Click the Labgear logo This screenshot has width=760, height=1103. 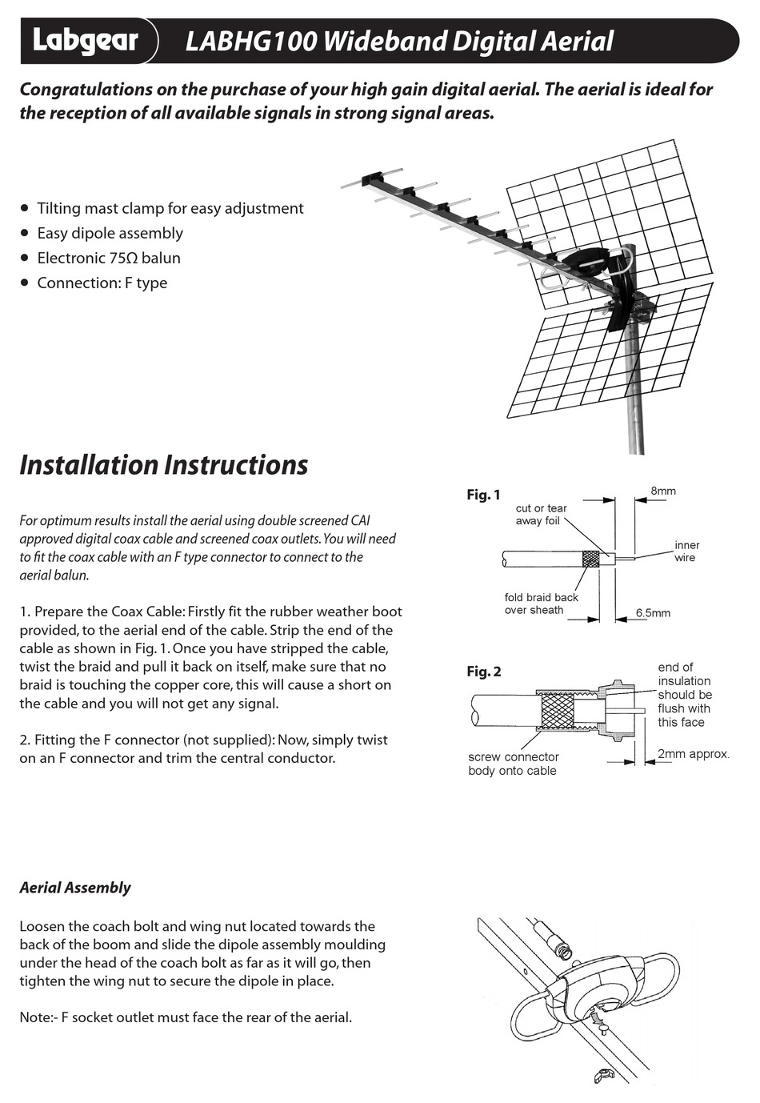(x=86, y=41)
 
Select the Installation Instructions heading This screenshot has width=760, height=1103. (x=163, y=465)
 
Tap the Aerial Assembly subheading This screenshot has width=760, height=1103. (x=75, y=888)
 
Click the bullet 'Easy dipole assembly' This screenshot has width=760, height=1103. (x=110, y=233)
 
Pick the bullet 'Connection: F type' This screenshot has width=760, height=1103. (x=102, y=283)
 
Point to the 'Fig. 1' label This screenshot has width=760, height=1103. (x=483, y=495)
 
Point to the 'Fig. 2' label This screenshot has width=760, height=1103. (x=484, y=672)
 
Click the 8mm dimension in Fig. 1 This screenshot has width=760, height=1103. (x=663, y=491)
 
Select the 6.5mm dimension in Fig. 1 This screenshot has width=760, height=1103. (x=653, y=613)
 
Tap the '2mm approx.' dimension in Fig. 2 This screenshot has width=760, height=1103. (x=694, y=754)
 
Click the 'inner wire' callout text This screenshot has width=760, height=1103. (x=686, y=551)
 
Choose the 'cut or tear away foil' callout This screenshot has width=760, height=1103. (x=541, y=515)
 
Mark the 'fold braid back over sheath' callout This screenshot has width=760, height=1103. (x=541, y=604)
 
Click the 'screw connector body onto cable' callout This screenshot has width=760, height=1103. (x=513, y=764)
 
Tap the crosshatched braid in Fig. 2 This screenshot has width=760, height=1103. (x=558, y=711)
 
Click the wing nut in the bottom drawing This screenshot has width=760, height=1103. (x=602, y=1075)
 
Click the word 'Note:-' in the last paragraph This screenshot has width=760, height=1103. (x=38, y=1017)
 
